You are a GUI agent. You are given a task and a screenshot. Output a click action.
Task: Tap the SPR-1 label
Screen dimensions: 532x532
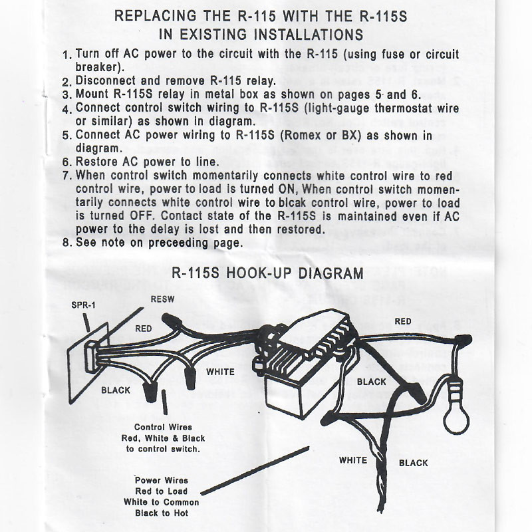pyautogui.click(x=83, y=306)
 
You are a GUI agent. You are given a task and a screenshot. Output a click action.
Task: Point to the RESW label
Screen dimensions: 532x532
pyautogui.click(x=162, y=299)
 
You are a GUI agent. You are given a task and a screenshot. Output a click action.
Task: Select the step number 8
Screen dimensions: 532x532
pyautogui.click(x=66, y=243)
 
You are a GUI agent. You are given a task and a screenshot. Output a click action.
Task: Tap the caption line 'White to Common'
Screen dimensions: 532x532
pyautogui.click(x=162, y=502)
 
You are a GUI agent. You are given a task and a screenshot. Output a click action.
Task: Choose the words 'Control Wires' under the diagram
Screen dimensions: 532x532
pyautogui.click(x=163, y=427)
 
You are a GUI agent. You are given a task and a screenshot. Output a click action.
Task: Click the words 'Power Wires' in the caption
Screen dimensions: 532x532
pyautogui.click(x=162, y=480)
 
